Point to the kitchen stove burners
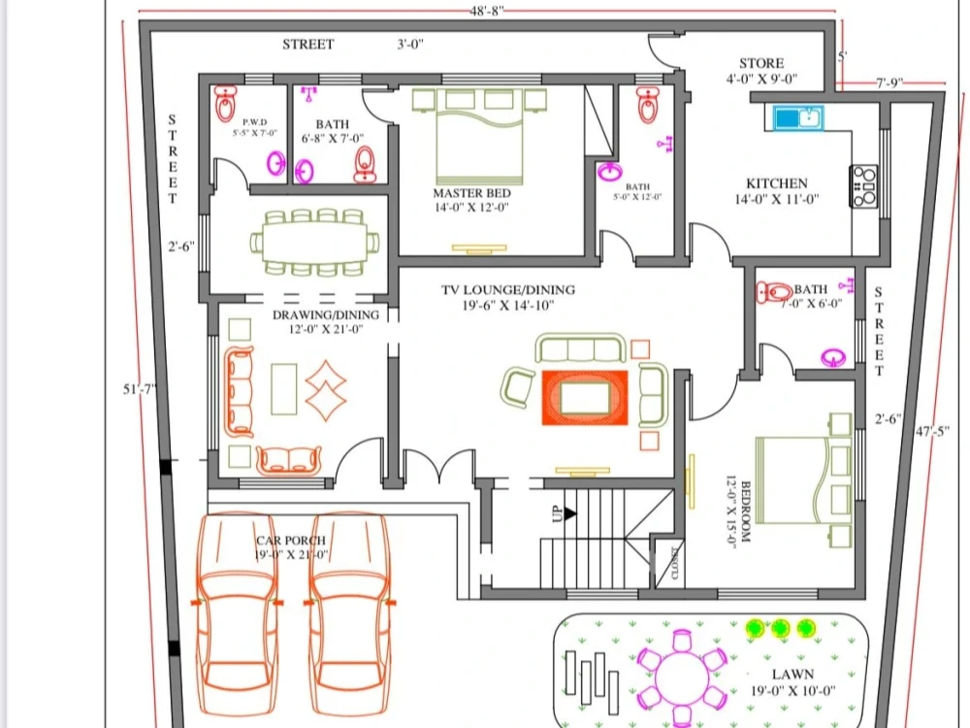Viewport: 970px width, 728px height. tap(863, 186)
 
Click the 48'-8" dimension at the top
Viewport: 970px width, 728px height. tap(486, 11)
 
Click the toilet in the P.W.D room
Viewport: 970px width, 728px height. tap(226, 100)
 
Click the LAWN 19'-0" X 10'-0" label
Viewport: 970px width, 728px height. tap(793, 682)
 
